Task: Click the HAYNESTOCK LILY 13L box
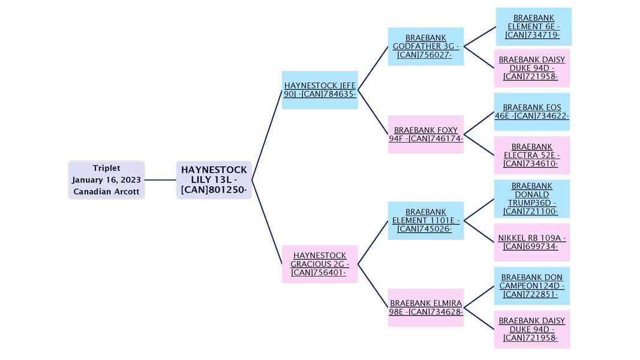click(214, 180)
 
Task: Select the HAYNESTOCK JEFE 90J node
click(320, 90)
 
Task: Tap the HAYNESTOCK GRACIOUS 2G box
click(320, 264)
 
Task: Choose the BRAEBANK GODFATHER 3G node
click(425, 46)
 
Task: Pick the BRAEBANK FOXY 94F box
click(425, 134)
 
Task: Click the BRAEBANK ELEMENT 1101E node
click(425, 220)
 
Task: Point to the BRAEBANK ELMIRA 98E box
click(425, 307)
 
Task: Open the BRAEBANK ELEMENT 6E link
click(533, 26)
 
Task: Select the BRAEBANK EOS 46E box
click(531, 112)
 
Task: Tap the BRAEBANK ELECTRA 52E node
click(531, 155)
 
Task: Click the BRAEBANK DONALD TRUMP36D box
click(531, 199)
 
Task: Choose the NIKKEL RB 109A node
click(531, 242)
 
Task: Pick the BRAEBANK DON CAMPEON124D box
click(531, 286)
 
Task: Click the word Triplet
click(106, 168)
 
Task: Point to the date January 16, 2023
click(106, 180)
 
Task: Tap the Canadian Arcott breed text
click(106, 192)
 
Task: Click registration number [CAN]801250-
click(214, 190)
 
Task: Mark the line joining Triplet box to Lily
click(160, 180)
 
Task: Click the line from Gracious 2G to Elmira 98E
click(373, 286)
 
